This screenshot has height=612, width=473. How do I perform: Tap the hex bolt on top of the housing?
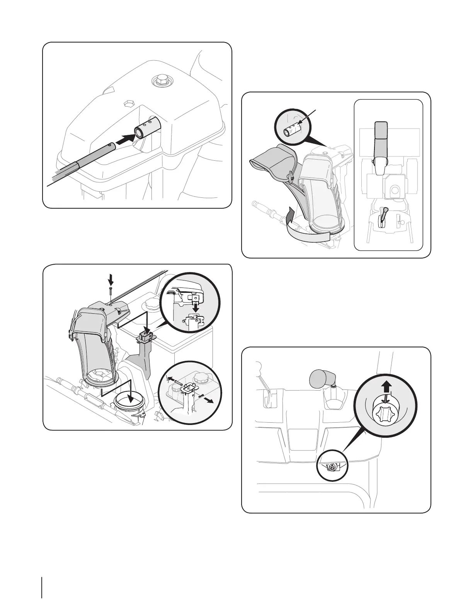point(160,82)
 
